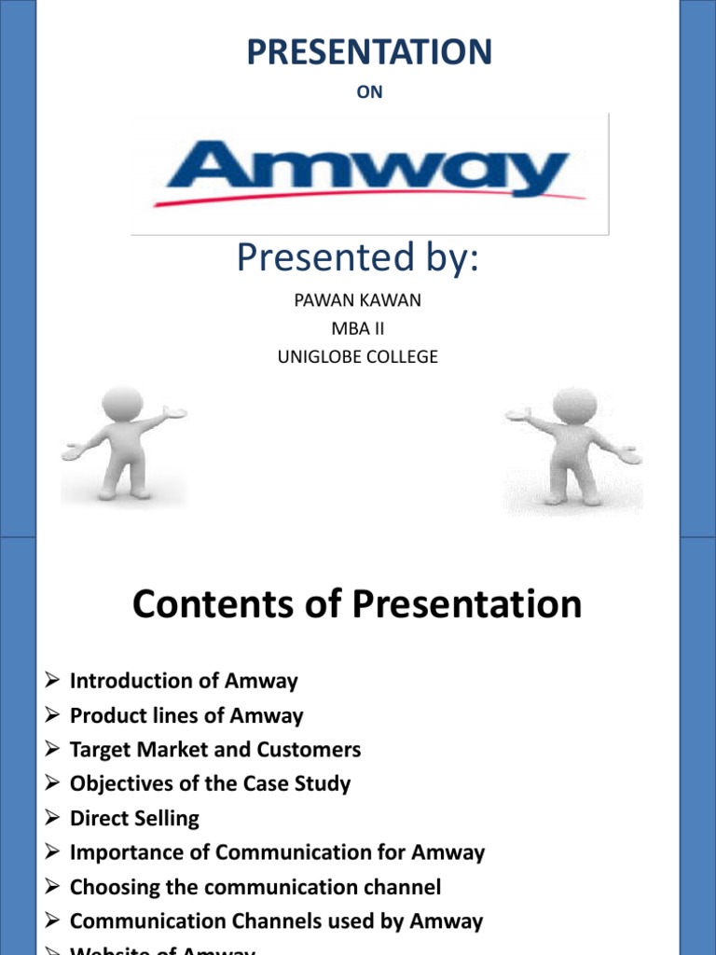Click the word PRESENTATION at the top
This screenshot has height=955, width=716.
coord(369,52)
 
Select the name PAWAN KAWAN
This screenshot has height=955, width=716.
coord(357,301)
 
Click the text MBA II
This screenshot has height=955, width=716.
coord(357,328)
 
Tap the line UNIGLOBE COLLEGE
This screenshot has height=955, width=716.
coord(357,356)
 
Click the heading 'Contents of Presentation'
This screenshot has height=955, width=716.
coord(357,604)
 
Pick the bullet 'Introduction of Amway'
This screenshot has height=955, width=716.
coord(184,681)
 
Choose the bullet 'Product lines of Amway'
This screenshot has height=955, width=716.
coord(186,715)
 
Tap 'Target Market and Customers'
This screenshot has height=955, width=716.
coord(215,750)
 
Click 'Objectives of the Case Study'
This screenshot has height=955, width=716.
coord(210,783)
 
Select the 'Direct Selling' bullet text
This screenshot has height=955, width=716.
coord(134,818)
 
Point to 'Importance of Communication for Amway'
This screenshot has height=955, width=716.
coord(277,852)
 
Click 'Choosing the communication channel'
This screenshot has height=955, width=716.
coord(255,887)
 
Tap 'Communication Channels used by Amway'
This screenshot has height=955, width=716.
coord(276,921)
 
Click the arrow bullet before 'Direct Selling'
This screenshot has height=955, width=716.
coord(52,819)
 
